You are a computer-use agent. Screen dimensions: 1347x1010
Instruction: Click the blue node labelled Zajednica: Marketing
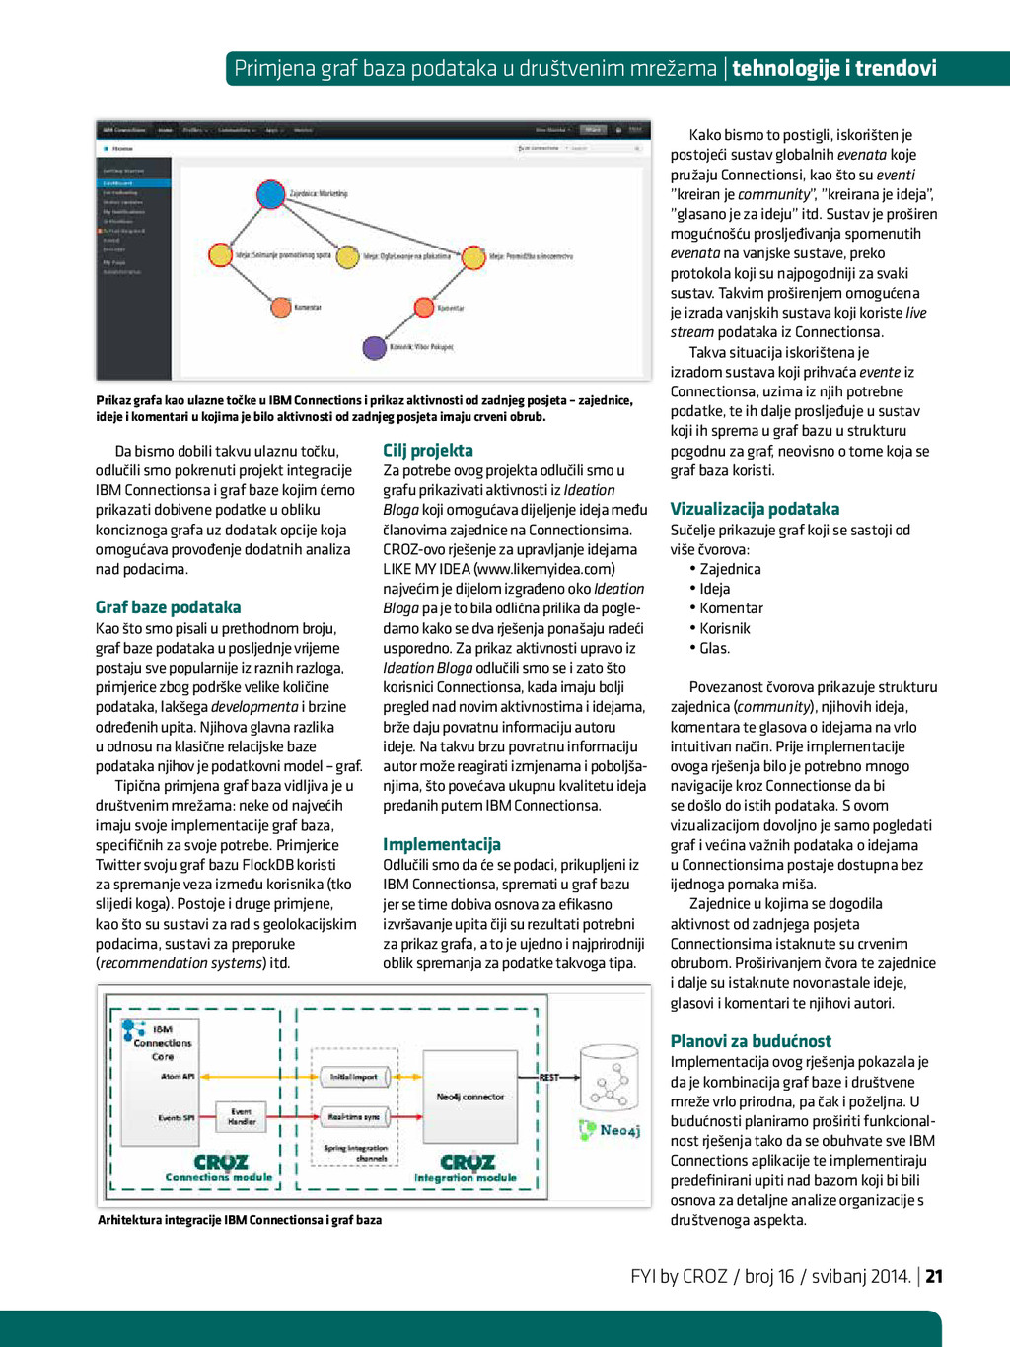pos(270,194)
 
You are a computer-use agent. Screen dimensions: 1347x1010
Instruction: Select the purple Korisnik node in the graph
pos(374,347)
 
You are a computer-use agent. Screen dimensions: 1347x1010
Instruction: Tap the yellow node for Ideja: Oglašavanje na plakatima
pos(347,257)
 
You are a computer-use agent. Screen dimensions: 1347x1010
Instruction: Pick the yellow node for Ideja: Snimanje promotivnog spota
pos(220,255)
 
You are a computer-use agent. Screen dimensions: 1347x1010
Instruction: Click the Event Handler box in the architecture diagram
pos(242,1116)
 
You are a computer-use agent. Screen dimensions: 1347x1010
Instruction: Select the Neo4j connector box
pos(469,1096)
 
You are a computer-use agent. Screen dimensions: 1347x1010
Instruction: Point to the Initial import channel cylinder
pos(354,1077)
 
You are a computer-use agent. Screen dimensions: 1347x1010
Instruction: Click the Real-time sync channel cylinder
pos(354,1116)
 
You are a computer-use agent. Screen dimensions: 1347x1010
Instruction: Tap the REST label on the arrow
pos(548,1077)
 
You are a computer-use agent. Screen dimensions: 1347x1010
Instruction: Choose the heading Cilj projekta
pos(428,451)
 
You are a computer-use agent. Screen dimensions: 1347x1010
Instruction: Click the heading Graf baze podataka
pos(168,607)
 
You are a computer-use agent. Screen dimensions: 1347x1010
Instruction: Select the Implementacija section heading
pos(441,844)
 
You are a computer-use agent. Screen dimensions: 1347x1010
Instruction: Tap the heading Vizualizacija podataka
pos(755,509)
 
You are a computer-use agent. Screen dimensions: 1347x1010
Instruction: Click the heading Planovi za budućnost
pos(751,1041)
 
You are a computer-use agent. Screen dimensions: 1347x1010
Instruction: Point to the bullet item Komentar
pos(731,608)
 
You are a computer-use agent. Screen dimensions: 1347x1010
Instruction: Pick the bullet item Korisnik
pos(725,628)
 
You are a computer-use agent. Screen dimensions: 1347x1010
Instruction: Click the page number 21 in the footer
pos(934,1276)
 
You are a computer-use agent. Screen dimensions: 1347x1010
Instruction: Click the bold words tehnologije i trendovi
pos(834,68)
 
